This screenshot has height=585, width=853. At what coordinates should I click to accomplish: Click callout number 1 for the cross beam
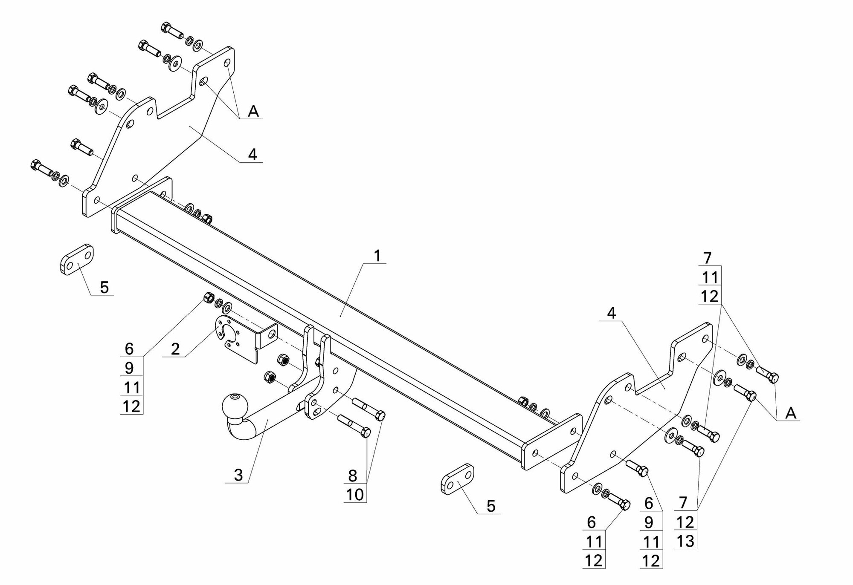(377, 256)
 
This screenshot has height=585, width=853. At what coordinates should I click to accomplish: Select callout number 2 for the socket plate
(175, 349)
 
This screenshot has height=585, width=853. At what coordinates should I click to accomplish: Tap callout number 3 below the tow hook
(238, 475)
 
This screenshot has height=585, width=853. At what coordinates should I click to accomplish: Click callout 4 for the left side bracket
(252, 154)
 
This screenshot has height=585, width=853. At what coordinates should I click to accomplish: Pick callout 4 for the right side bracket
(612, 313)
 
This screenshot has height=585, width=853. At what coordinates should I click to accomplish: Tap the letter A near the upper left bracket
(253, 111)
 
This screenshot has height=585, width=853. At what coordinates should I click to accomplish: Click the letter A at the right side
(791, 413)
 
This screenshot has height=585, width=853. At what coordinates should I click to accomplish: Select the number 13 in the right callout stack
(685, 541)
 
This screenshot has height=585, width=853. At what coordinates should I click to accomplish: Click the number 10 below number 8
(355, 494)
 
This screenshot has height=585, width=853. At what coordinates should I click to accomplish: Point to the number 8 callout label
(352, 475)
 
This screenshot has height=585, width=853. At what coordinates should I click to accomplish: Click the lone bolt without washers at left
(81, 147)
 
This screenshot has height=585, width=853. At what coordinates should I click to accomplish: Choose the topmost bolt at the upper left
(173, 31)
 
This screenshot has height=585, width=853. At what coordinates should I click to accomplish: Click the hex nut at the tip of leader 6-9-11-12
(209, 297)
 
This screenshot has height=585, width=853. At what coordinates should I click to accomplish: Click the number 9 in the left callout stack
(129, 368)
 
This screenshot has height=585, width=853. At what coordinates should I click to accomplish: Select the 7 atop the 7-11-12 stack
(707, 258)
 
